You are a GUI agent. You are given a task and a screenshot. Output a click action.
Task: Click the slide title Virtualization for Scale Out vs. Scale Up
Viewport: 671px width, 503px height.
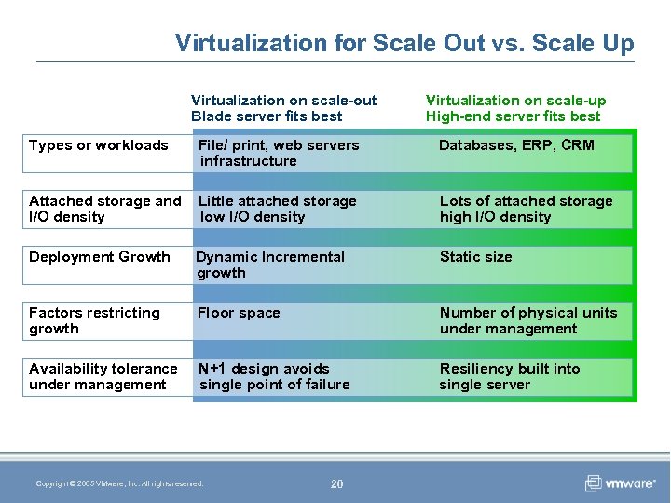click(404, 43)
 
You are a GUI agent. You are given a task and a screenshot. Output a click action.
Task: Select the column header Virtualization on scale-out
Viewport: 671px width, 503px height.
click(283, 108)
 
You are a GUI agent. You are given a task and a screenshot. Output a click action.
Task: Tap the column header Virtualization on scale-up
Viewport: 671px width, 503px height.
click(515, 108)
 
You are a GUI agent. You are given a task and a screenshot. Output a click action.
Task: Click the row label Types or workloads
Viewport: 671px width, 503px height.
click(99, 145)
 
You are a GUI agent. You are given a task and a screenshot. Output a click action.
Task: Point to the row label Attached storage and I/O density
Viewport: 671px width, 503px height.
click(104, 209)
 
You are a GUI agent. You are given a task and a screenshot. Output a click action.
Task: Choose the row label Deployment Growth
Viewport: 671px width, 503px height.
click(100, 257)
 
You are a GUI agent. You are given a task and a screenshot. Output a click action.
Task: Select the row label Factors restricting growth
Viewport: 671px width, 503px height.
click(94, 320)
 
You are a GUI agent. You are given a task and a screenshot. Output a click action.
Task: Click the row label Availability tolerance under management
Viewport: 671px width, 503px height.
click(103, 376)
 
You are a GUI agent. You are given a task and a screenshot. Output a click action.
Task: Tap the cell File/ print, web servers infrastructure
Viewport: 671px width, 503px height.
click(279, 153)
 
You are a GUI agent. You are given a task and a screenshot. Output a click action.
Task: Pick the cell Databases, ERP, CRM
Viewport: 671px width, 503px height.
click(516, 145)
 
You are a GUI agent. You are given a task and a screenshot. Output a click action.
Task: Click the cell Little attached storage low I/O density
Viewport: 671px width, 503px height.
click(278, 209)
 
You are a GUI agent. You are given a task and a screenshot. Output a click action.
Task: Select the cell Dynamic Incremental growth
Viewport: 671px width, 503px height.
click(270, 265)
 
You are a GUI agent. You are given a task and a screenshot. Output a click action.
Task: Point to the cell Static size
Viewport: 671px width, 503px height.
click(475, 257)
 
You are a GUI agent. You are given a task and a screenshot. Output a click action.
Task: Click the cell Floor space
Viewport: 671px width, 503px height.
click(239, 313)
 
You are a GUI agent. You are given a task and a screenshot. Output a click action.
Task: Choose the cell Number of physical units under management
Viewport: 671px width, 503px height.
click(527, 320)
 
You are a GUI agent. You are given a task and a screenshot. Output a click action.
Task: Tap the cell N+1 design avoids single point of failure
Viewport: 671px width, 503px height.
click(274, 376)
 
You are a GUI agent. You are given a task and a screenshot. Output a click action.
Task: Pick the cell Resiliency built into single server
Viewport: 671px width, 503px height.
click(509, 376)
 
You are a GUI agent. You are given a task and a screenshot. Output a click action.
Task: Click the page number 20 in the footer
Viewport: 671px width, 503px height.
click(336, 483)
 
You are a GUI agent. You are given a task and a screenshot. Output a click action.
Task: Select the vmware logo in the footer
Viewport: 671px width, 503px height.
click(620, 483)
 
